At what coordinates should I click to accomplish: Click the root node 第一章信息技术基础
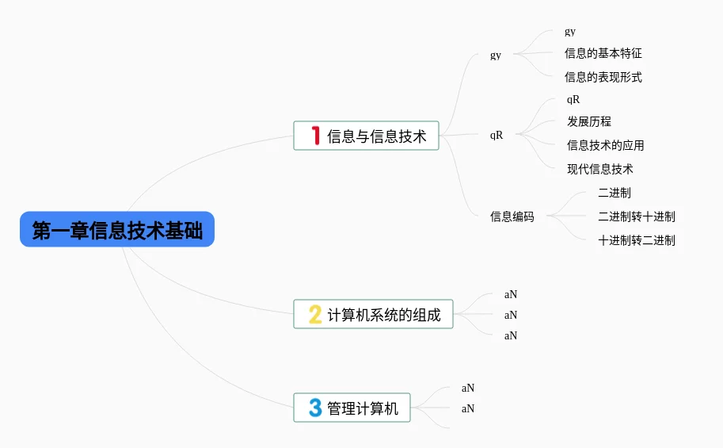point(117,230)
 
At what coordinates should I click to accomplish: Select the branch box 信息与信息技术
point(366,136)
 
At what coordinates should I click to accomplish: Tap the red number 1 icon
point(315,136)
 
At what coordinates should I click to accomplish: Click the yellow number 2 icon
point(315,315)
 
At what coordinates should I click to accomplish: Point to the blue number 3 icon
point(315,408)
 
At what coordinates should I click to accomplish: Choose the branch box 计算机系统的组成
point(373,315)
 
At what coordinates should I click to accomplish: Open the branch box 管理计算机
point(352,408)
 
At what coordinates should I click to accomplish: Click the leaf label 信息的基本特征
point(603,54)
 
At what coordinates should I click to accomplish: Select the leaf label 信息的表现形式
point(603,78)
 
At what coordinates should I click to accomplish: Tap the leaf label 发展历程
point(589,122)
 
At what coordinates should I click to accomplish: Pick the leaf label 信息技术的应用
point(605,146)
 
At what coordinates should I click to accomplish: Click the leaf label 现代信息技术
point(599,169)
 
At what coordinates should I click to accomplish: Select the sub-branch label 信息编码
point(512,216)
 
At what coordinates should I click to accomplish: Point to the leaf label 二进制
point(615,193)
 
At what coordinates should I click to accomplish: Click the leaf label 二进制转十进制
point(637,216)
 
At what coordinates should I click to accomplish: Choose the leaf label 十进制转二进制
point(637,240)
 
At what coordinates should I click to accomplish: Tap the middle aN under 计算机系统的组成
point(511,315)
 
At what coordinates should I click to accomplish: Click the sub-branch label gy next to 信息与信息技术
point(496,56)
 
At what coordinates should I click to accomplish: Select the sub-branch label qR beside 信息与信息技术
point(497,135)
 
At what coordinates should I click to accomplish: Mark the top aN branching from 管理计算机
point(468,389)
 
